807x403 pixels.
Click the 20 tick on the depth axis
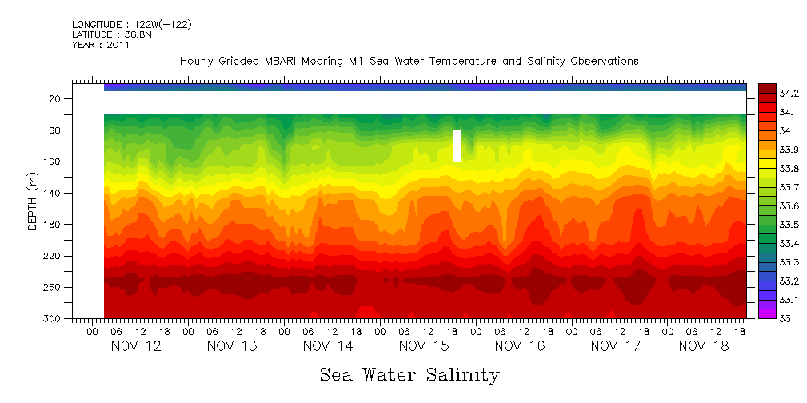pos(55,99)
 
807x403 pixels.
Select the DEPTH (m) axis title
pos(33,203)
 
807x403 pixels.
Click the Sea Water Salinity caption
pos(409,375)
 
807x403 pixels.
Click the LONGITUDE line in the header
pos(131,25)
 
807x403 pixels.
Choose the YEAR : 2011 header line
pos(100,46)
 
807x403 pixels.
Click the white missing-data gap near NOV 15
pos(457,146)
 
